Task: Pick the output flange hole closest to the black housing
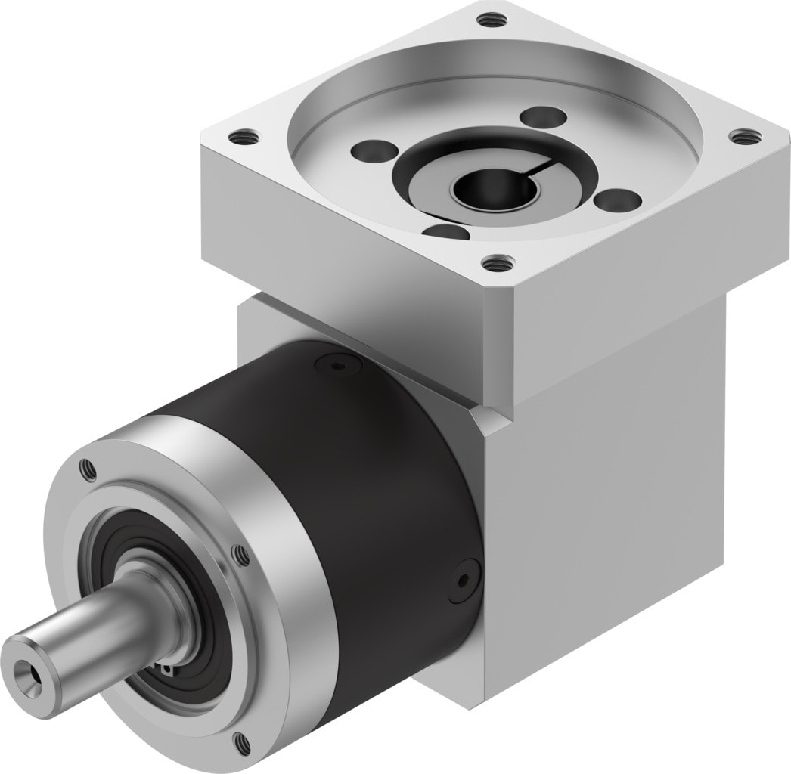[x=241, y=556]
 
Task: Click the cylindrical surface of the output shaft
[x=91, y=620]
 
